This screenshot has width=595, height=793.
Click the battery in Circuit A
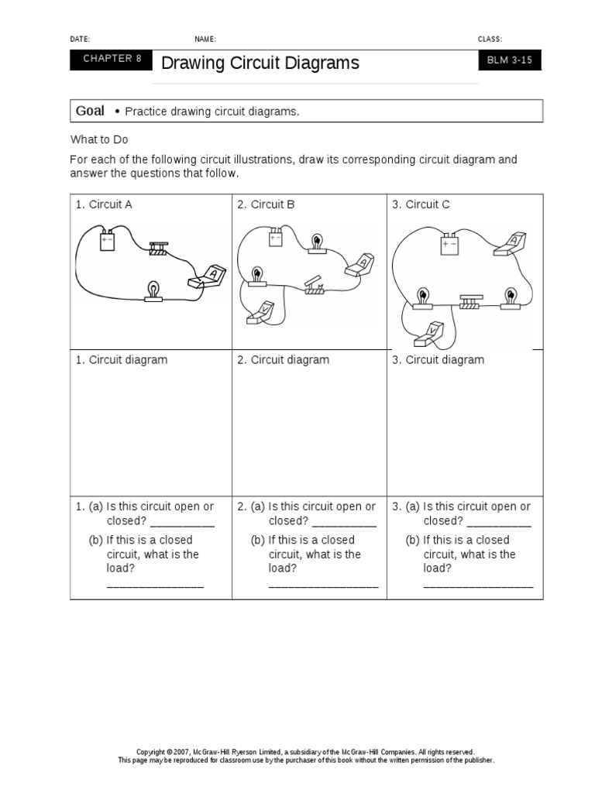[107, 242]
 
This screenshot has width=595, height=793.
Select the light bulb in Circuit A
[153, 292]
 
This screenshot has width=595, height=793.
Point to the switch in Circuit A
[159, 247]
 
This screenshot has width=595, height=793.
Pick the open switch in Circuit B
[315, 286]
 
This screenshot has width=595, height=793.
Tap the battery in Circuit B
[276, 238]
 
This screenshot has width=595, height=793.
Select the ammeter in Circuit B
[361, 264]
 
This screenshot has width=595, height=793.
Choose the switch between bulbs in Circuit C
[470, 302]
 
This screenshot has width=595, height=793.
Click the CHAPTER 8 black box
[112, 59]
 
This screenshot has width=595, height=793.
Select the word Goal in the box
[90, 112]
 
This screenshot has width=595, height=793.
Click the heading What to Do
[99, 139]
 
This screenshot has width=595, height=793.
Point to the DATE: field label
[80, 39]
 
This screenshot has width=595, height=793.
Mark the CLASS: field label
[490, 39]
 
